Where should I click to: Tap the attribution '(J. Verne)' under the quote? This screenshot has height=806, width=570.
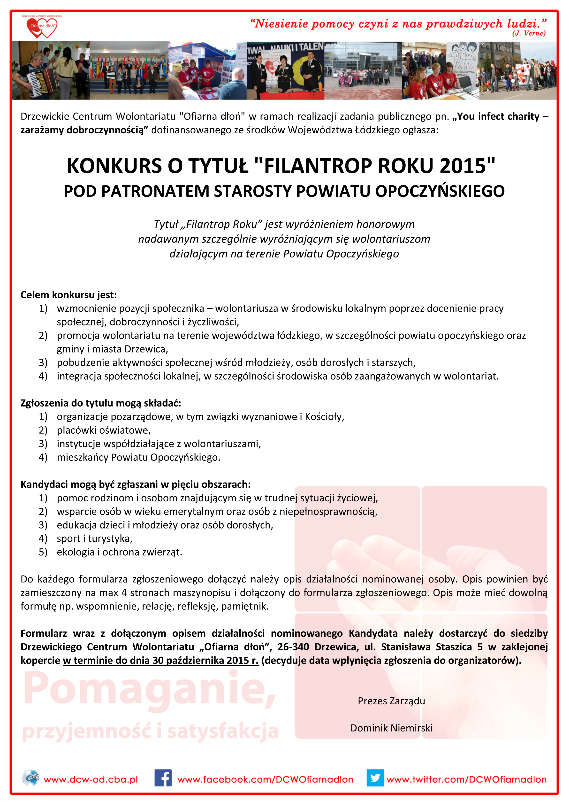pos(529,33)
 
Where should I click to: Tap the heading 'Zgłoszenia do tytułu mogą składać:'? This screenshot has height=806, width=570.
pos(100,403)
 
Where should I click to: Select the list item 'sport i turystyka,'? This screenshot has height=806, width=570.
pos(94,539)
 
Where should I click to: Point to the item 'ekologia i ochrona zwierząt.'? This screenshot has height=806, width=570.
pos(119,552)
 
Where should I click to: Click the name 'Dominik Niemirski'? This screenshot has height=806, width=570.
pos(391,728)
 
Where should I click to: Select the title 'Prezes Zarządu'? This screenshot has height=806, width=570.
pos(391,701)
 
